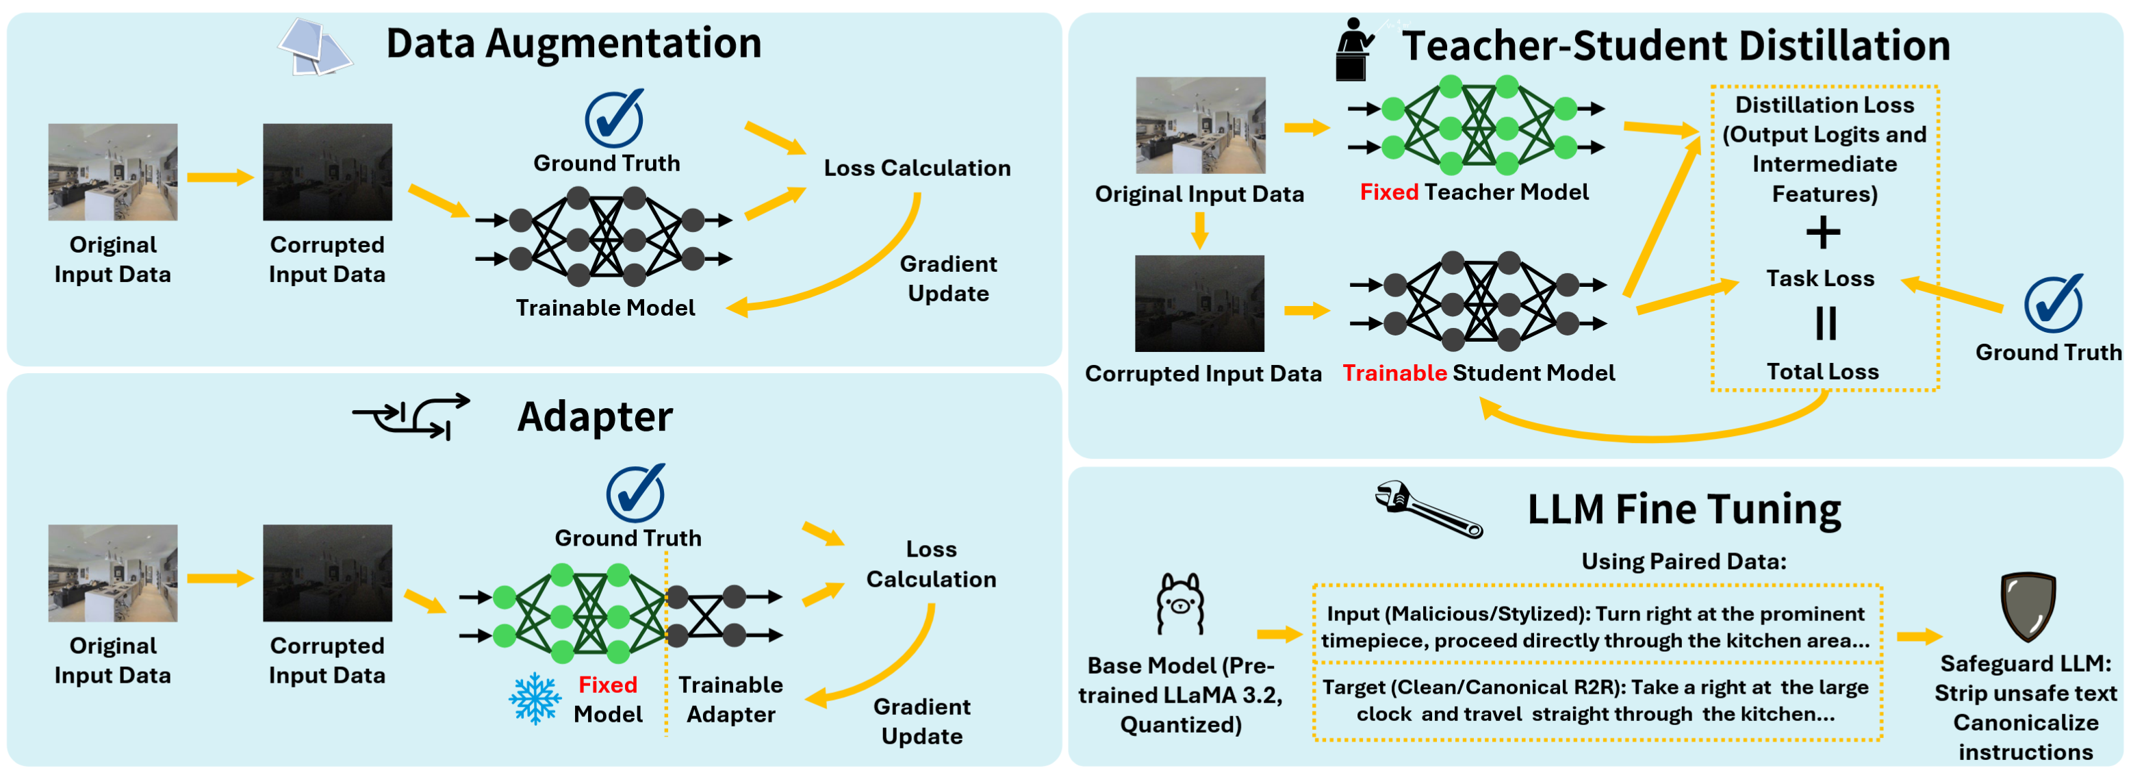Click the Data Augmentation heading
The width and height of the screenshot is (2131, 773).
573,43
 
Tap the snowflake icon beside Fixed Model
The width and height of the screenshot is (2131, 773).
535,698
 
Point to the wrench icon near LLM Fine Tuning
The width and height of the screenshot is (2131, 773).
1428,509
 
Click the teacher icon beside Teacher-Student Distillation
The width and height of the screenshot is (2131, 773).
1353,50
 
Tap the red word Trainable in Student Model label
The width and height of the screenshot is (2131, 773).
1394,373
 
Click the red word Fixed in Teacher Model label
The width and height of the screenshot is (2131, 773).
1389,192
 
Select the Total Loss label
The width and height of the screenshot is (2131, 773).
1822,372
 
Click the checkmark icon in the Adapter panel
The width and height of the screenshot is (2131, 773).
635,492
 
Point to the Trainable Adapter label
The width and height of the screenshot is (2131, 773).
730,698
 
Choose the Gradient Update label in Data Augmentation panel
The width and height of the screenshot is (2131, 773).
948,278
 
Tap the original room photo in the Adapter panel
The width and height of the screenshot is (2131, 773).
112,572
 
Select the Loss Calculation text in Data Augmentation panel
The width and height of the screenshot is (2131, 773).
917,168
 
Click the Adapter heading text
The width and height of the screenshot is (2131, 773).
595,416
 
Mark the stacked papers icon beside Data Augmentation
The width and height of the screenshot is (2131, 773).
314,48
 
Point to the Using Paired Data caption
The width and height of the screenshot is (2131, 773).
1683,561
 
